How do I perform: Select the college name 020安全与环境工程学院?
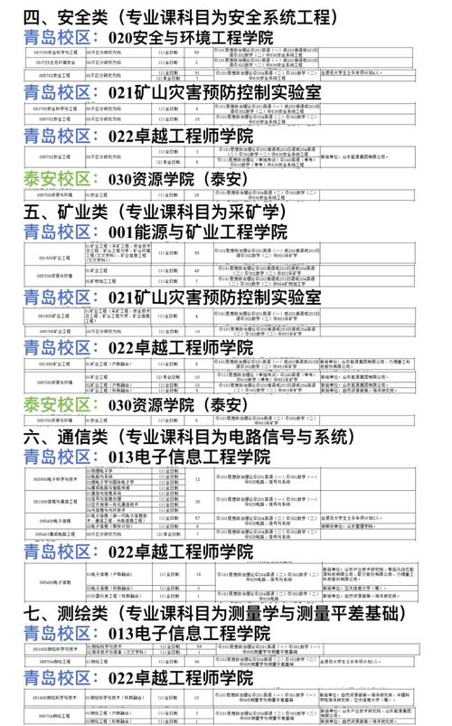(x=190, y=38)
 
